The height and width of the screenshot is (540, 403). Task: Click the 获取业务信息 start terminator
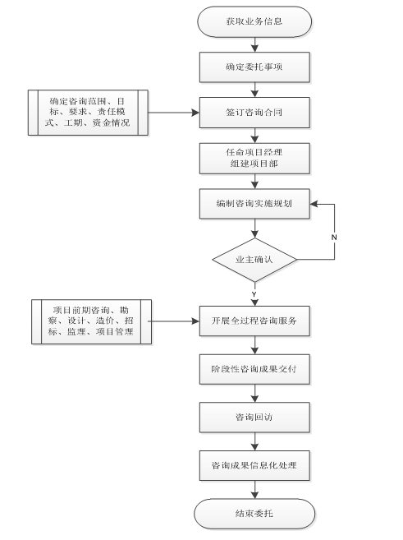point(254,21)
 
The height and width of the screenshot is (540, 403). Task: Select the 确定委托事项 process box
point(254,67)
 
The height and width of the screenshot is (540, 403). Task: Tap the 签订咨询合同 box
point(254,113)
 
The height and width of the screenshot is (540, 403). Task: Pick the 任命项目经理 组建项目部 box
point(254,159)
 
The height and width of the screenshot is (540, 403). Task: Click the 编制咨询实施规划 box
point(254,204)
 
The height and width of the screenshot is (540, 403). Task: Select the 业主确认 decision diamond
point(254,260)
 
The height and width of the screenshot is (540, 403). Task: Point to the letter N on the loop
point(334,238)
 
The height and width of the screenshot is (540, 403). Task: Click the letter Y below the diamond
point(254,294)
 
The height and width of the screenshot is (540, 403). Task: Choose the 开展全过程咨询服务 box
point(254,321)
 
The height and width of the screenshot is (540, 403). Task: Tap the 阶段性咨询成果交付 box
point(254,369)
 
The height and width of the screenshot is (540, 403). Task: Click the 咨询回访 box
point(254,418)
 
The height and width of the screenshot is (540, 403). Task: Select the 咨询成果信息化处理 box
point(254,465)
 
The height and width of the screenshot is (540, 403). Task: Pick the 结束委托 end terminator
point(254,514)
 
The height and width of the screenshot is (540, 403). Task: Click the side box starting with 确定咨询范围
point(88,113)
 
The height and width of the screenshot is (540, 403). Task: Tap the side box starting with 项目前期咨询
point(91,321)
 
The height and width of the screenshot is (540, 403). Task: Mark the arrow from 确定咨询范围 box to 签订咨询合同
point(174,113)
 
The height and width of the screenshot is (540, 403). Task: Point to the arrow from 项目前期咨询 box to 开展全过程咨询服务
point(174,321)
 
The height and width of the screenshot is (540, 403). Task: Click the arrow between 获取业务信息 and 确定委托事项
point(254,44)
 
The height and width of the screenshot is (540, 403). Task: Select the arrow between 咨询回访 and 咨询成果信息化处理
point(254,441)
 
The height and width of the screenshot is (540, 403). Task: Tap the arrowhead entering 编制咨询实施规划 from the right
point(314,204)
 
